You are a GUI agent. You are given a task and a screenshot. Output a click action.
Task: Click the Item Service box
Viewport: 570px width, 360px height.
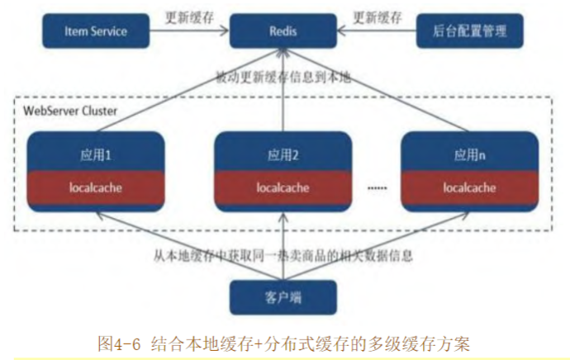coord(96,31)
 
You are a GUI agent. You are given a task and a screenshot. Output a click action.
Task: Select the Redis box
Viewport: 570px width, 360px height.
coord(283,31)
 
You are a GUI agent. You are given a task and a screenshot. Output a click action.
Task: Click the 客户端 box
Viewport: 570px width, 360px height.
coord(283,294)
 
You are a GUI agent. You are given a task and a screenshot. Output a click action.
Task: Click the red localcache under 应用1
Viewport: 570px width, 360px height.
coord(96,187)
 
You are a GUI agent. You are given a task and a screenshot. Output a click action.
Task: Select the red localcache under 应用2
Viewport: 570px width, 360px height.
coord(283,187)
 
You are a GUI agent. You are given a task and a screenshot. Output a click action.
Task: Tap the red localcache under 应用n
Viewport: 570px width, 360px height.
coord(469,187)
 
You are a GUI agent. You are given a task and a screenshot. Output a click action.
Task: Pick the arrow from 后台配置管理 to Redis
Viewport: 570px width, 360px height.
coord(377,32)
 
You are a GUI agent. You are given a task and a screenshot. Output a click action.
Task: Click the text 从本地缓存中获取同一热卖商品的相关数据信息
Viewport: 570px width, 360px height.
coord(282,256)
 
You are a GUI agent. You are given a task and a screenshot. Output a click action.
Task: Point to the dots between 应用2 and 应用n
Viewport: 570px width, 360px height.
coord(376,188)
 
